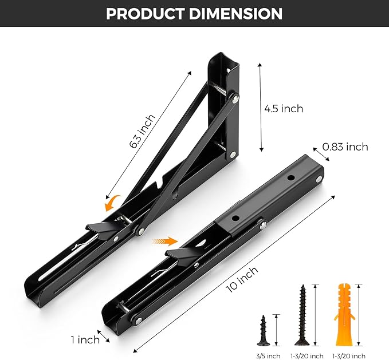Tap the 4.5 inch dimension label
(x=284, y=108)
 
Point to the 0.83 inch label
(x=345, y=147)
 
